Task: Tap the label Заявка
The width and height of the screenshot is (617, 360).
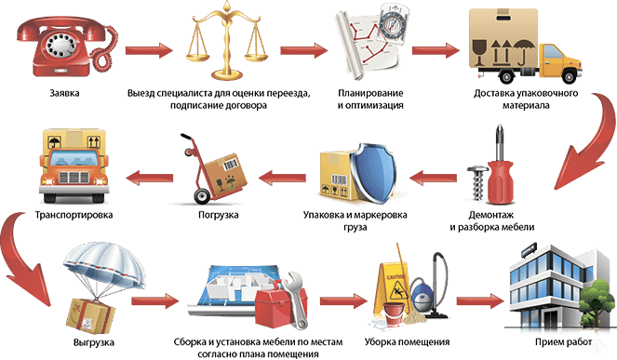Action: pyautogui.click(x=64, y=93)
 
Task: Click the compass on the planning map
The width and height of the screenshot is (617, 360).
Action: pyautogui.click(x=392, y=22)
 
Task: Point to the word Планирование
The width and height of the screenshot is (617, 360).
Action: pyautogui.click(x=370, y=93)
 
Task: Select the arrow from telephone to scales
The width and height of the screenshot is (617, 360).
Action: pyautogui.click(x=149, y=50)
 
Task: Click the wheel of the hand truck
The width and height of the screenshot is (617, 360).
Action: pyautogui.click(x=202, y=196)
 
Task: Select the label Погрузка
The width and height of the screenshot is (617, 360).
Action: pyautogui.click(x=219, y=215)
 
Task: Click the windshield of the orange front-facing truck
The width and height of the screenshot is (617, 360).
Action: pyautogui.click(x=74, y=158)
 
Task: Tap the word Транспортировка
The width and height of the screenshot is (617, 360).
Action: pyautogui.click(x=74, y=215)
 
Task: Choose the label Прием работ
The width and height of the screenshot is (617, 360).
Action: pyautogui.click(x=563, y=342)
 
